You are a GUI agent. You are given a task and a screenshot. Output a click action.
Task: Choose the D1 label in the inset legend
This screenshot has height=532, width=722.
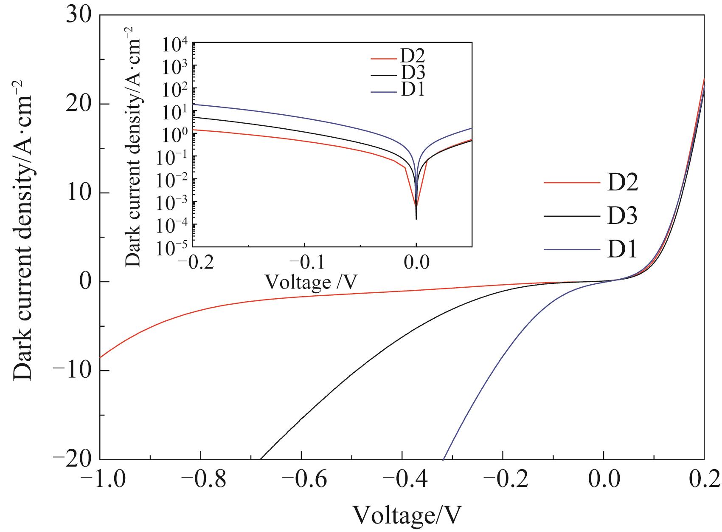[412, 91]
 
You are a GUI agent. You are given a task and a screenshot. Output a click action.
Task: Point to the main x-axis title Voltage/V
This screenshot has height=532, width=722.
[407, 515]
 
